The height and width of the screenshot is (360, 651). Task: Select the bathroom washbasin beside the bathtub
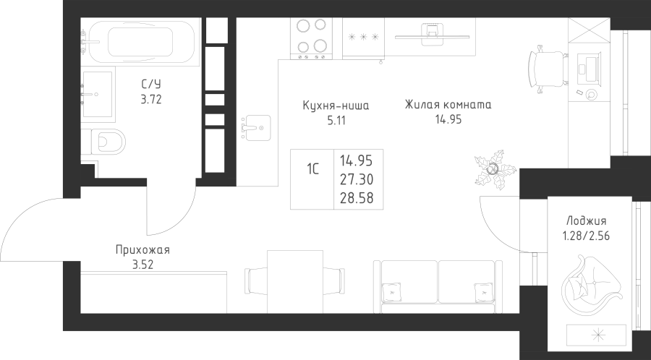(x=97, y=94)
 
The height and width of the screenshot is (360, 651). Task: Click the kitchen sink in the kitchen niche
(x=256, y=128)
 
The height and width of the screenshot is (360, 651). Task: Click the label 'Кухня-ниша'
(x=336, y=106)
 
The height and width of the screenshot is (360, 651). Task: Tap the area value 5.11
(x=336, y=121)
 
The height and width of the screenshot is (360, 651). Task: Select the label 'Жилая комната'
(x=448, y=105)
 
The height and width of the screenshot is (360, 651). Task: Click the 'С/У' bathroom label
(x=150, y=85)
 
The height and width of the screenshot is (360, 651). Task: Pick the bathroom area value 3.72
(x=150, y=100)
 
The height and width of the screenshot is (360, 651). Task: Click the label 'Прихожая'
(x=142, y=251)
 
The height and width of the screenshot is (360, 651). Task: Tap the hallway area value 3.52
(x=142, y=265)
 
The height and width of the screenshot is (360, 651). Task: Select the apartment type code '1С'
(x=312, y=169)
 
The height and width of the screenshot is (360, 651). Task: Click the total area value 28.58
(x=357, y=198)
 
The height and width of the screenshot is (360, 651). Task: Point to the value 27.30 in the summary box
(x=357, y=180)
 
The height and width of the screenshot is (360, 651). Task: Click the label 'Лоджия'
(x=586, y=221)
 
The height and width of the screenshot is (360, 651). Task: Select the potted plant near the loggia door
(x=495, y=170)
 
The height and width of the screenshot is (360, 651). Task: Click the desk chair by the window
(x=546, y=69)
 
